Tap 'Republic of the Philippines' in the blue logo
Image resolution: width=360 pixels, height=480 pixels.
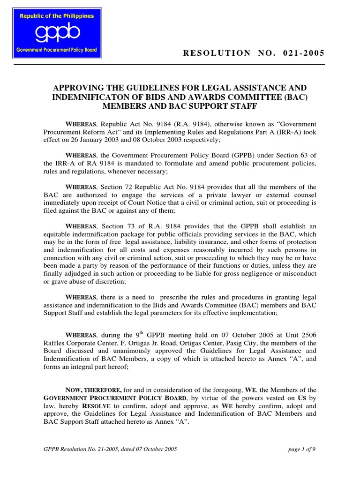tap(56, 16)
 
